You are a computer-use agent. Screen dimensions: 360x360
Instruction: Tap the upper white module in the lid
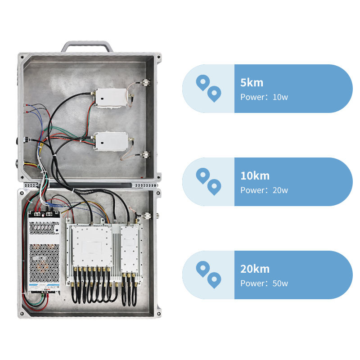pyautogui.click(x=110, y=98)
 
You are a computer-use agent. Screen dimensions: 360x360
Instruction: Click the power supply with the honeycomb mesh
pyautogui.click(x=44, y=252)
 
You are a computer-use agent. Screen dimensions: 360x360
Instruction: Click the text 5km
pyautogui.click(x=252, y=83)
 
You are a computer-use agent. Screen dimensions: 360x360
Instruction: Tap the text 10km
pyautogui.click(x=255, y=176)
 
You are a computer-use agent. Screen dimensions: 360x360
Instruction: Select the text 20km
pyautogui.click(x=255, y=269)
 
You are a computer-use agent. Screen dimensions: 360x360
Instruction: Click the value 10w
pyautogui.click(x=280, y=97)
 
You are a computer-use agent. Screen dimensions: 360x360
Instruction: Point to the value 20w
pyautogui.click(x=280, y=190)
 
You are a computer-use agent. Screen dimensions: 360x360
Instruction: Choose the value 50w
pyautogui.click(x=280, y=283)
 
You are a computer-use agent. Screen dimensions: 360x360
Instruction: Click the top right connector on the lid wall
pyautogui.click(x=146, y=83)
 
